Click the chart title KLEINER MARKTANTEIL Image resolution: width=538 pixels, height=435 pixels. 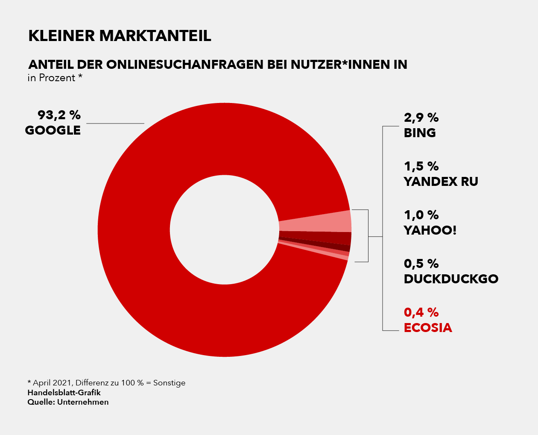[x=120, y=36]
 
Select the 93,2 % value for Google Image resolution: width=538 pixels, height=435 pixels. [x=59, y=115]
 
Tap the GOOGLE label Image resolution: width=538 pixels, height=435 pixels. [x=53, y=130]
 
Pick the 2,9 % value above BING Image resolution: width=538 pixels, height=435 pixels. [x=421, y=118]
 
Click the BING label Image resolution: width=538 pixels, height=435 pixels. [x=420, y=133]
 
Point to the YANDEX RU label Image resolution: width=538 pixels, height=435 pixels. [x=441, y=182]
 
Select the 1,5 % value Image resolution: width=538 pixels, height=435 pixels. [x=421, y=166]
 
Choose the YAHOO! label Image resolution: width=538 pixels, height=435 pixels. [x=430, y=230]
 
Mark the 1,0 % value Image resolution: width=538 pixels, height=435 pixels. [x=421, y=215]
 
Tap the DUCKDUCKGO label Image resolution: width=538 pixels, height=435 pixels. [x=451, y=279]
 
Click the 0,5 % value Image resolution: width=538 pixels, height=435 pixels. [x=421, y=264]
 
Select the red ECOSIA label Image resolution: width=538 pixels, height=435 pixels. [x=428, y=328]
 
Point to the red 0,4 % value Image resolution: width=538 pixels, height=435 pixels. [x=421, y=312]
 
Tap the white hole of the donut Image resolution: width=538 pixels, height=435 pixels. [x=225, y=229]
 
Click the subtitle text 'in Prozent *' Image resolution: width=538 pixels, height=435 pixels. [x=55, y=78]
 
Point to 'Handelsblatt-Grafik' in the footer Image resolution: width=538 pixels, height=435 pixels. [x=64, y=392]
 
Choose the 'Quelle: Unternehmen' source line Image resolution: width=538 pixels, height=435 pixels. [x=68, y=402]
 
